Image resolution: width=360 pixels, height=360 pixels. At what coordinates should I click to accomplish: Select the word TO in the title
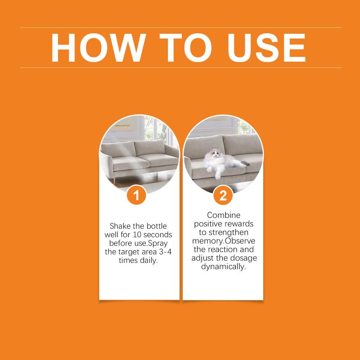pyautogui.click(x=185, y=48)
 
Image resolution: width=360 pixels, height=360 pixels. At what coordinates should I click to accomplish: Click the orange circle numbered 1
pyautogui.click(x=136, y=196)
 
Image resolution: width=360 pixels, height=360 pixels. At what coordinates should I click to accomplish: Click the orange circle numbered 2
pyautogui.click(x=223, y=196)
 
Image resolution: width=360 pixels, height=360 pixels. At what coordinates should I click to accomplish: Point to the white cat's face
pyautogui.click(x=215, y=153)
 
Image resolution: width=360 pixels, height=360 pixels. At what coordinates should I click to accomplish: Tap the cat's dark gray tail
pyautogui.click(x=245, y=163)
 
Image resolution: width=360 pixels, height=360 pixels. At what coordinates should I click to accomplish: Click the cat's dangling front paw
pyautogui.click(x=218, y=175)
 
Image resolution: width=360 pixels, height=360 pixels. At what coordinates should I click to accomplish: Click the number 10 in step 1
pyautogui.click(x=137, y=234)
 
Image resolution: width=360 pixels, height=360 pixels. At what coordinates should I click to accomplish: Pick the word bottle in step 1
pyautogui.click(x=157, y=226)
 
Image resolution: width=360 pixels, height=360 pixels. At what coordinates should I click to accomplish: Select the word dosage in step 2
pyautogui.click(x=243, y=258)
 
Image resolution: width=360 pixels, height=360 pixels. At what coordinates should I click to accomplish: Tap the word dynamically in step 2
pyautogui.click(x=224, y=267)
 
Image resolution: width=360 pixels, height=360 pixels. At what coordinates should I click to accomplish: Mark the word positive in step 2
pyautogui.click(x=208, y=224)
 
